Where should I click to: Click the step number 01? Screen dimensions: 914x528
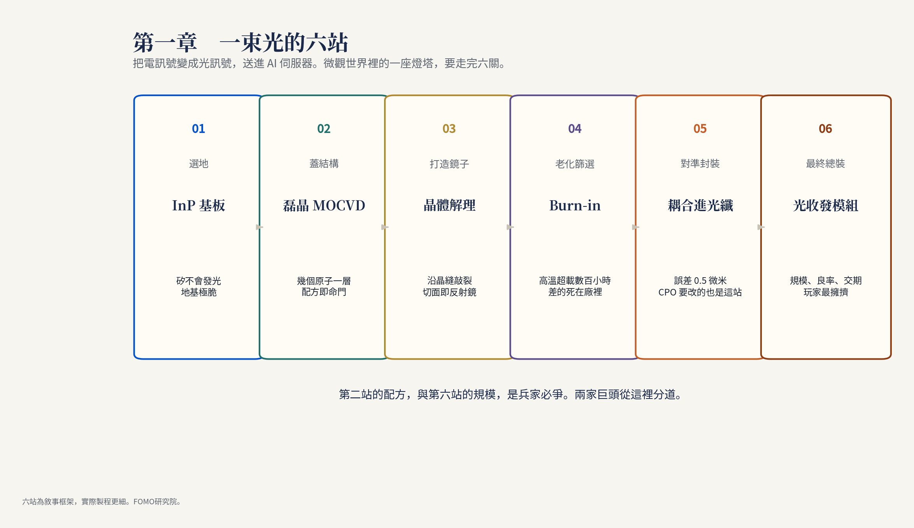coord(198,129)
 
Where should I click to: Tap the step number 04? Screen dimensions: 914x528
coord(575,129)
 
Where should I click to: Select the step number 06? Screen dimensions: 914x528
coord(825,129)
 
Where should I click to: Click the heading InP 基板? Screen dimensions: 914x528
coord(198,205)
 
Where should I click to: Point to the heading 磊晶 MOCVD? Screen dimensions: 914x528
coord(324,205)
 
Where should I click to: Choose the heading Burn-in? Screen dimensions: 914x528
coord(575,205)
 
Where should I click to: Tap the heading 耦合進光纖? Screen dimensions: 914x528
coord(700,205)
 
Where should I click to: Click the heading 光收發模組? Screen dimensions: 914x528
coord(825,205)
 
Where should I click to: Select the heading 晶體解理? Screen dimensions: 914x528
coord(449,205)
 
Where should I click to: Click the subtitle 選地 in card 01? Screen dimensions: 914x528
coord(198,164)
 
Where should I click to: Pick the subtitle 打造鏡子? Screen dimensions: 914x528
coord(449,164)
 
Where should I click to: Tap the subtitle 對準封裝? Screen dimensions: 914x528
coord(700,164)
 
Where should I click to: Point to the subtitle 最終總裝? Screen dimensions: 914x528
coord(825,164)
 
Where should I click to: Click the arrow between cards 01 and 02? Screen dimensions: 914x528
coord(260,227)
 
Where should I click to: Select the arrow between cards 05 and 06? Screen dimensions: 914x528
coord(761,227)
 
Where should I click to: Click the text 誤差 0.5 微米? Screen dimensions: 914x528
coord(700,280)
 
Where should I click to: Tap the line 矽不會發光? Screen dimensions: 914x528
coord(198,280)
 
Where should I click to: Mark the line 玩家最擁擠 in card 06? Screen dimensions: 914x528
coord(825,292)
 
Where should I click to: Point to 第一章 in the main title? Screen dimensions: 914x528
coord(165,42)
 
